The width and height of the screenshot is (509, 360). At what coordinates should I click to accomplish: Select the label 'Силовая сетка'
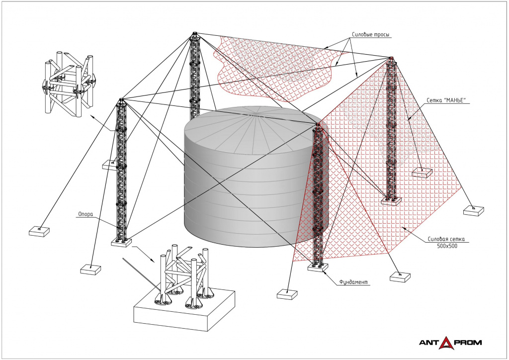pos(445,239)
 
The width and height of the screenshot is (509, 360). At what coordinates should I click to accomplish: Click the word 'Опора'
pos(85,215)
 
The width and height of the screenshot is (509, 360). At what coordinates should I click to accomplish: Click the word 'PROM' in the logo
pos(468,342)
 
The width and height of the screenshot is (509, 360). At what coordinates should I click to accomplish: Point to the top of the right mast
pos(391,59)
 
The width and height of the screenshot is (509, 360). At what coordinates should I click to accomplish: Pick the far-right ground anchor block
pos(473,210)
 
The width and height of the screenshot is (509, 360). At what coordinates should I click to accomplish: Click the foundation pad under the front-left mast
pos(121,243)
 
